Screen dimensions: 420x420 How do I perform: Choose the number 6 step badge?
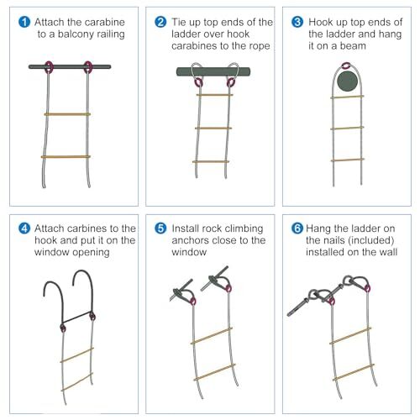point(298,228)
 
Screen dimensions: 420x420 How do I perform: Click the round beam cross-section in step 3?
point(347,82)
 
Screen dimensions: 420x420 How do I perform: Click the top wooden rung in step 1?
point(67,114)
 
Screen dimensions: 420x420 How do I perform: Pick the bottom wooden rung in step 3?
point(347,160)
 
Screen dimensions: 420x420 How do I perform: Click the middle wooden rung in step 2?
point(212,128)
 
